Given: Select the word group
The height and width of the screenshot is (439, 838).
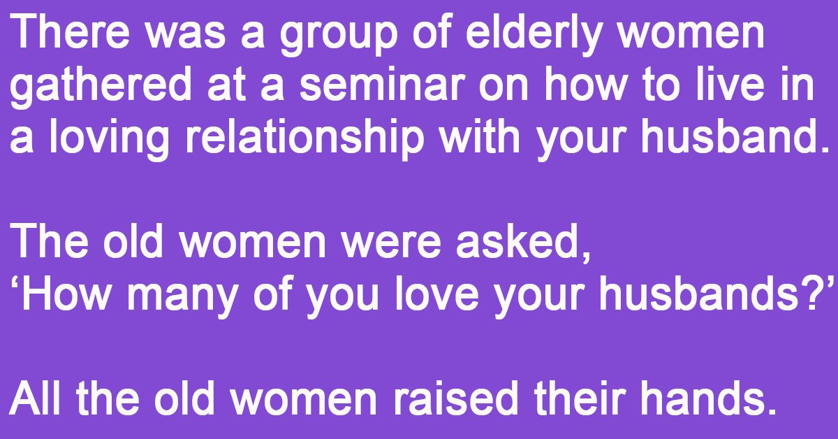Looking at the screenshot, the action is (x=338, y=36).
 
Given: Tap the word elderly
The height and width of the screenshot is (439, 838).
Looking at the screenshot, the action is (x=534, y=36).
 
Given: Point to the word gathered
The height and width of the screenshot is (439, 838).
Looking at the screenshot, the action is (x=101, y=88).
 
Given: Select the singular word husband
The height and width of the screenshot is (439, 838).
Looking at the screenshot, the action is (x=730, y=136).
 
